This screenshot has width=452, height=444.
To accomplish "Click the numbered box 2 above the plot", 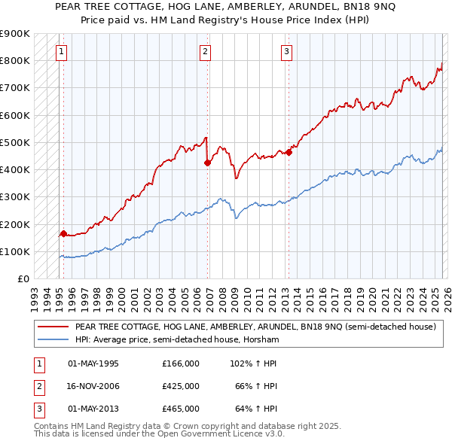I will point(205,52).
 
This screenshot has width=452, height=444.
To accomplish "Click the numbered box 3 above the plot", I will point(287,52).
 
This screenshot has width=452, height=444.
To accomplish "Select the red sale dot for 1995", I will point(63,233).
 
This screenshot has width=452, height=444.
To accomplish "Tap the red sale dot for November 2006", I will point(207,163).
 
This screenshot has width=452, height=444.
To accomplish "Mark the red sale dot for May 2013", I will point(289,152).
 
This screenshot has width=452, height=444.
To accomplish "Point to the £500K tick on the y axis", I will point(15,142).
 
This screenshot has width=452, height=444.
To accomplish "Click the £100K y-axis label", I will point(15,251).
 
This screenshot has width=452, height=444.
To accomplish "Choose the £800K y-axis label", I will point(15,60).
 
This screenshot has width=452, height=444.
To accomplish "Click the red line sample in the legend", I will point(53,327).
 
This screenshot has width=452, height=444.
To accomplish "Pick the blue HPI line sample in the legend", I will point(53,340).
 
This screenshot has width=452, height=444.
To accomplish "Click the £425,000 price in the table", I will point(180,386).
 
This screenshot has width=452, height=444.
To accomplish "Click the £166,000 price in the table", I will point(180,363).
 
